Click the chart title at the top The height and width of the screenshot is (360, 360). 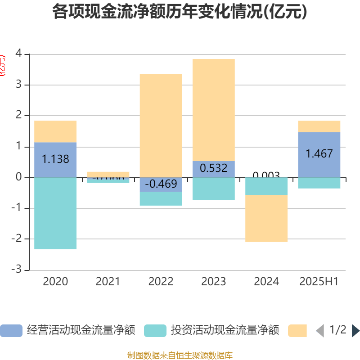[180, 12]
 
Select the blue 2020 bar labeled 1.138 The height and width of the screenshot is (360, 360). [55, 160]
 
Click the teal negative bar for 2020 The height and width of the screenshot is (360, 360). [55, 213]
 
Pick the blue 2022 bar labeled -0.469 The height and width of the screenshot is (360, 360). [161, 184]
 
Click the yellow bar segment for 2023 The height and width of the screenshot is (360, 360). [213, 110]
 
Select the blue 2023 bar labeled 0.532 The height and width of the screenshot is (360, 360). [213, 169]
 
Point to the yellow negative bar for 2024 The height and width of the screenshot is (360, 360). [266, 218]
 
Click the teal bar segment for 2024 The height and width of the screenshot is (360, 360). [266, 186]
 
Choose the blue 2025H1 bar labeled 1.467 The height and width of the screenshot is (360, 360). [319, 154]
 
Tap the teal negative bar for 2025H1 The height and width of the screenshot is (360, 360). [319, 183]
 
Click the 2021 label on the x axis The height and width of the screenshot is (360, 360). [108, 282]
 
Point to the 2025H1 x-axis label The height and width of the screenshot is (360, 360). [319, 282]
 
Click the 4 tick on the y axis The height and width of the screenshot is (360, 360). [18, 54]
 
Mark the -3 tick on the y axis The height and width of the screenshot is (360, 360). [17, 270]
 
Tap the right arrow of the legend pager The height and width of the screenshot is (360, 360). [355, 331]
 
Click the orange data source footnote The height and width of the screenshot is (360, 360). [180, 355]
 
